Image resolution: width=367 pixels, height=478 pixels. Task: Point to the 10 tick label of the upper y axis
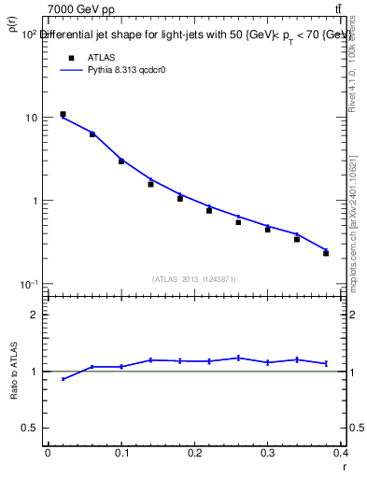tap(32, 119)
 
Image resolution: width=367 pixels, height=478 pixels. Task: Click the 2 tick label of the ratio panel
tap(35, 315)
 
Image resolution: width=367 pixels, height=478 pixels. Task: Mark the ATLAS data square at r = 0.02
tap(63, 114)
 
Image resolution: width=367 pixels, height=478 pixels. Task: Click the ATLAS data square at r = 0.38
tap(326, 253)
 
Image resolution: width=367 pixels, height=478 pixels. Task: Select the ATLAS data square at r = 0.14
tap(150, 184)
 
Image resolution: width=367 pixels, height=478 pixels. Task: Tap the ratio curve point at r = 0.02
tap(63, 378)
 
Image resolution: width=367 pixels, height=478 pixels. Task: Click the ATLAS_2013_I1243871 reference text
tap(192, 279)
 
